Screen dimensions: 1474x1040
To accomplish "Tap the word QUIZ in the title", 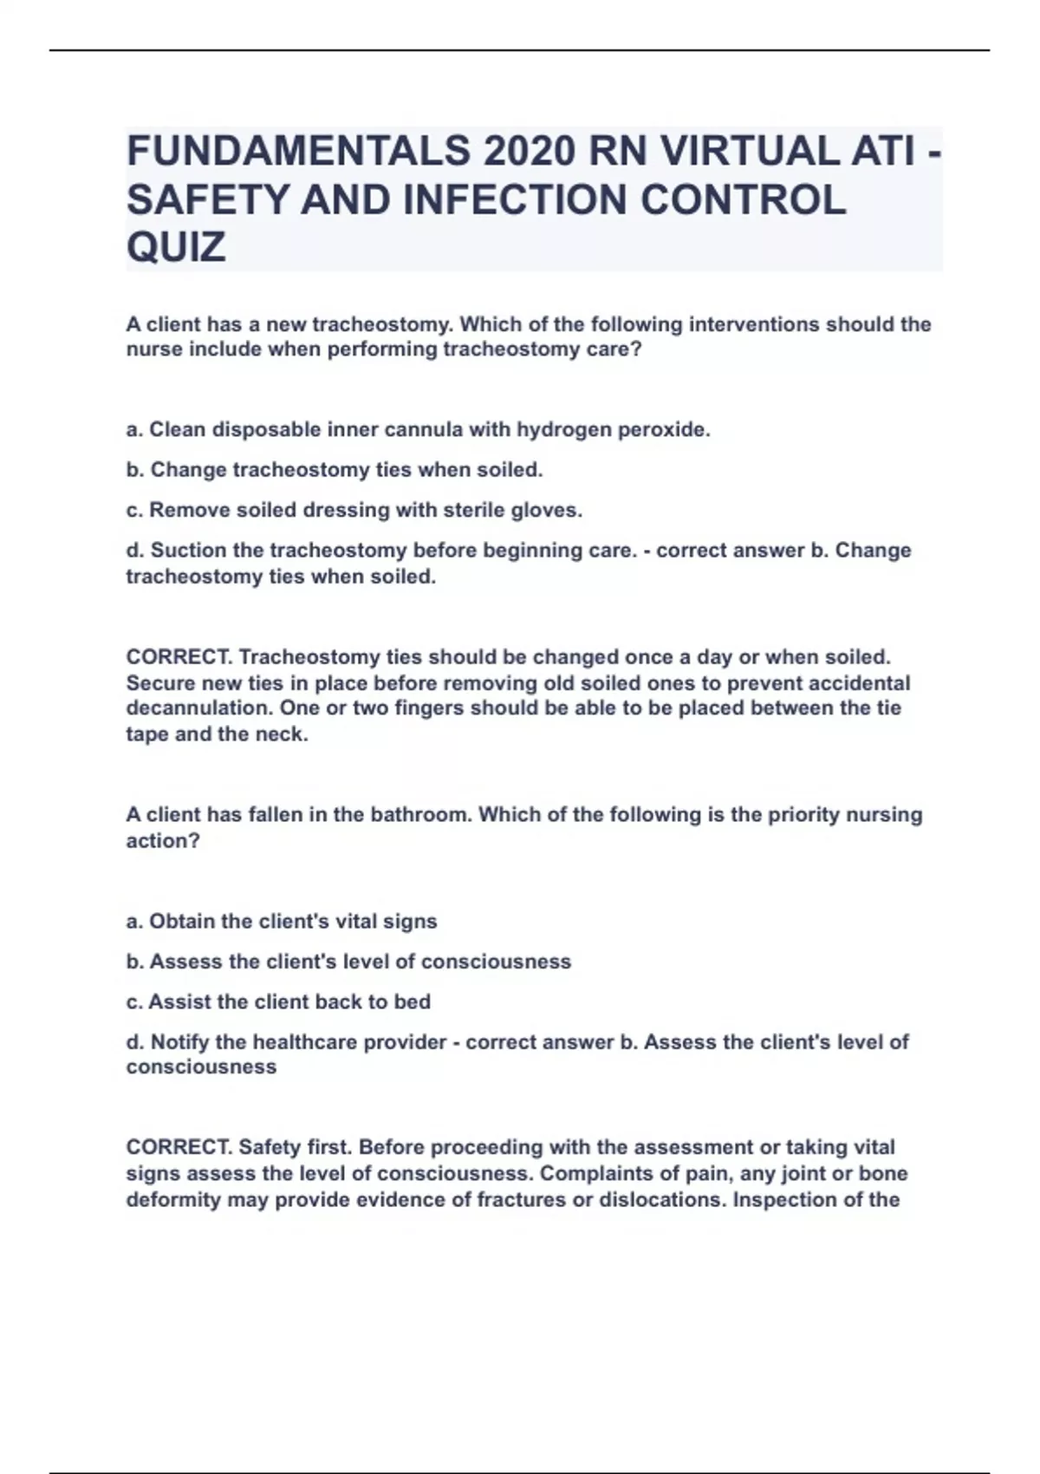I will (x=176, y=247).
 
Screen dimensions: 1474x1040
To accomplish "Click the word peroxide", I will (x=664, y=430).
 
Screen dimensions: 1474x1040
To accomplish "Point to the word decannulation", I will (x=199, y=708).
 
